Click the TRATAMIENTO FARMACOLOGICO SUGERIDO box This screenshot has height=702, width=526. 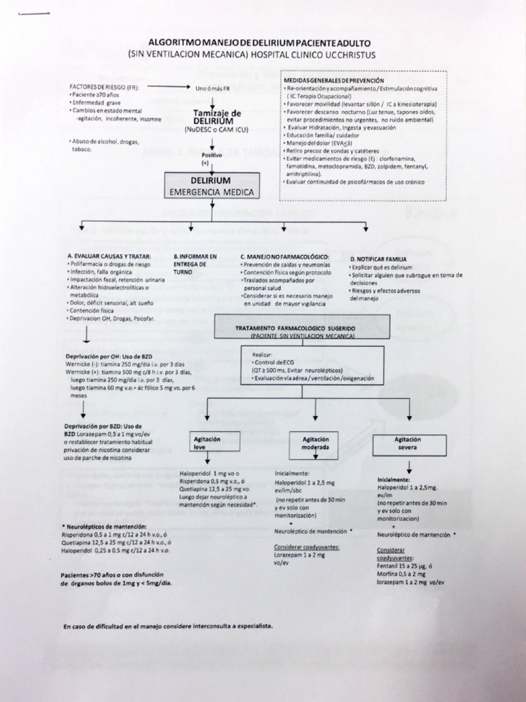click(302, 328)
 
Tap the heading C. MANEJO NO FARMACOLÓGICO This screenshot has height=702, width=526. click(285, 256)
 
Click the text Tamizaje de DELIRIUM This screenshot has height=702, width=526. click(217, 117)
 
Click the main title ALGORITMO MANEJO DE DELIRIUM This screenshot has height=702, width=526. click(262, 43)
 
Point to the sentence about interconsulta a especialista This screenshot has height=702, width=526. click(168, 627)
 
